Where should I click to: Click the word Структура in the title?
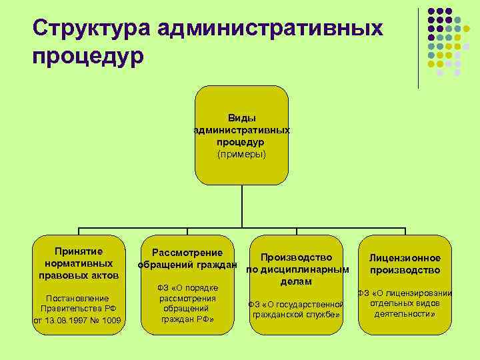[x=91, y=29]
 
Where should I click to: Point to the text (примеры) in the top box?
[x=241, y=154]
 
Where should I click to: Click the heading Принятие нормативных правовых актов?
[x=79, y=263]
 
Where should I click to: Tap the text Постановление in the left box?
[x=79, y=298]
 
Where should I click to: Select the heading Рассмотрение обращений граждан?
[x=187, y=259]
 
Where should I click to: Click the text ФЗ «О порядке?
[x=187, y=287]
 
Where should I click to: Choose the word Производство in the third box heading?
[x=296, y=257]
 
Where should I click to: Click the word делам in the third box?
[x=296, y=282]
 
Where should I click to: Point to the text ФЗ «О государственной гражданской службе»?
[x=296, y=309]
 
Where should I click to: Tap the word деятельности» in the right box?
[x=405, y=313]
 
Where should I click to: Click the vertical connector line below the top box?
[x=241, y=207]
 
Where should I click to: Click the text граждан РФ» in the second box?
[x=187, y=319]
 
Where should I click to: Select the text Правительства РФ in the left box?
[x=79, y=309]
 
